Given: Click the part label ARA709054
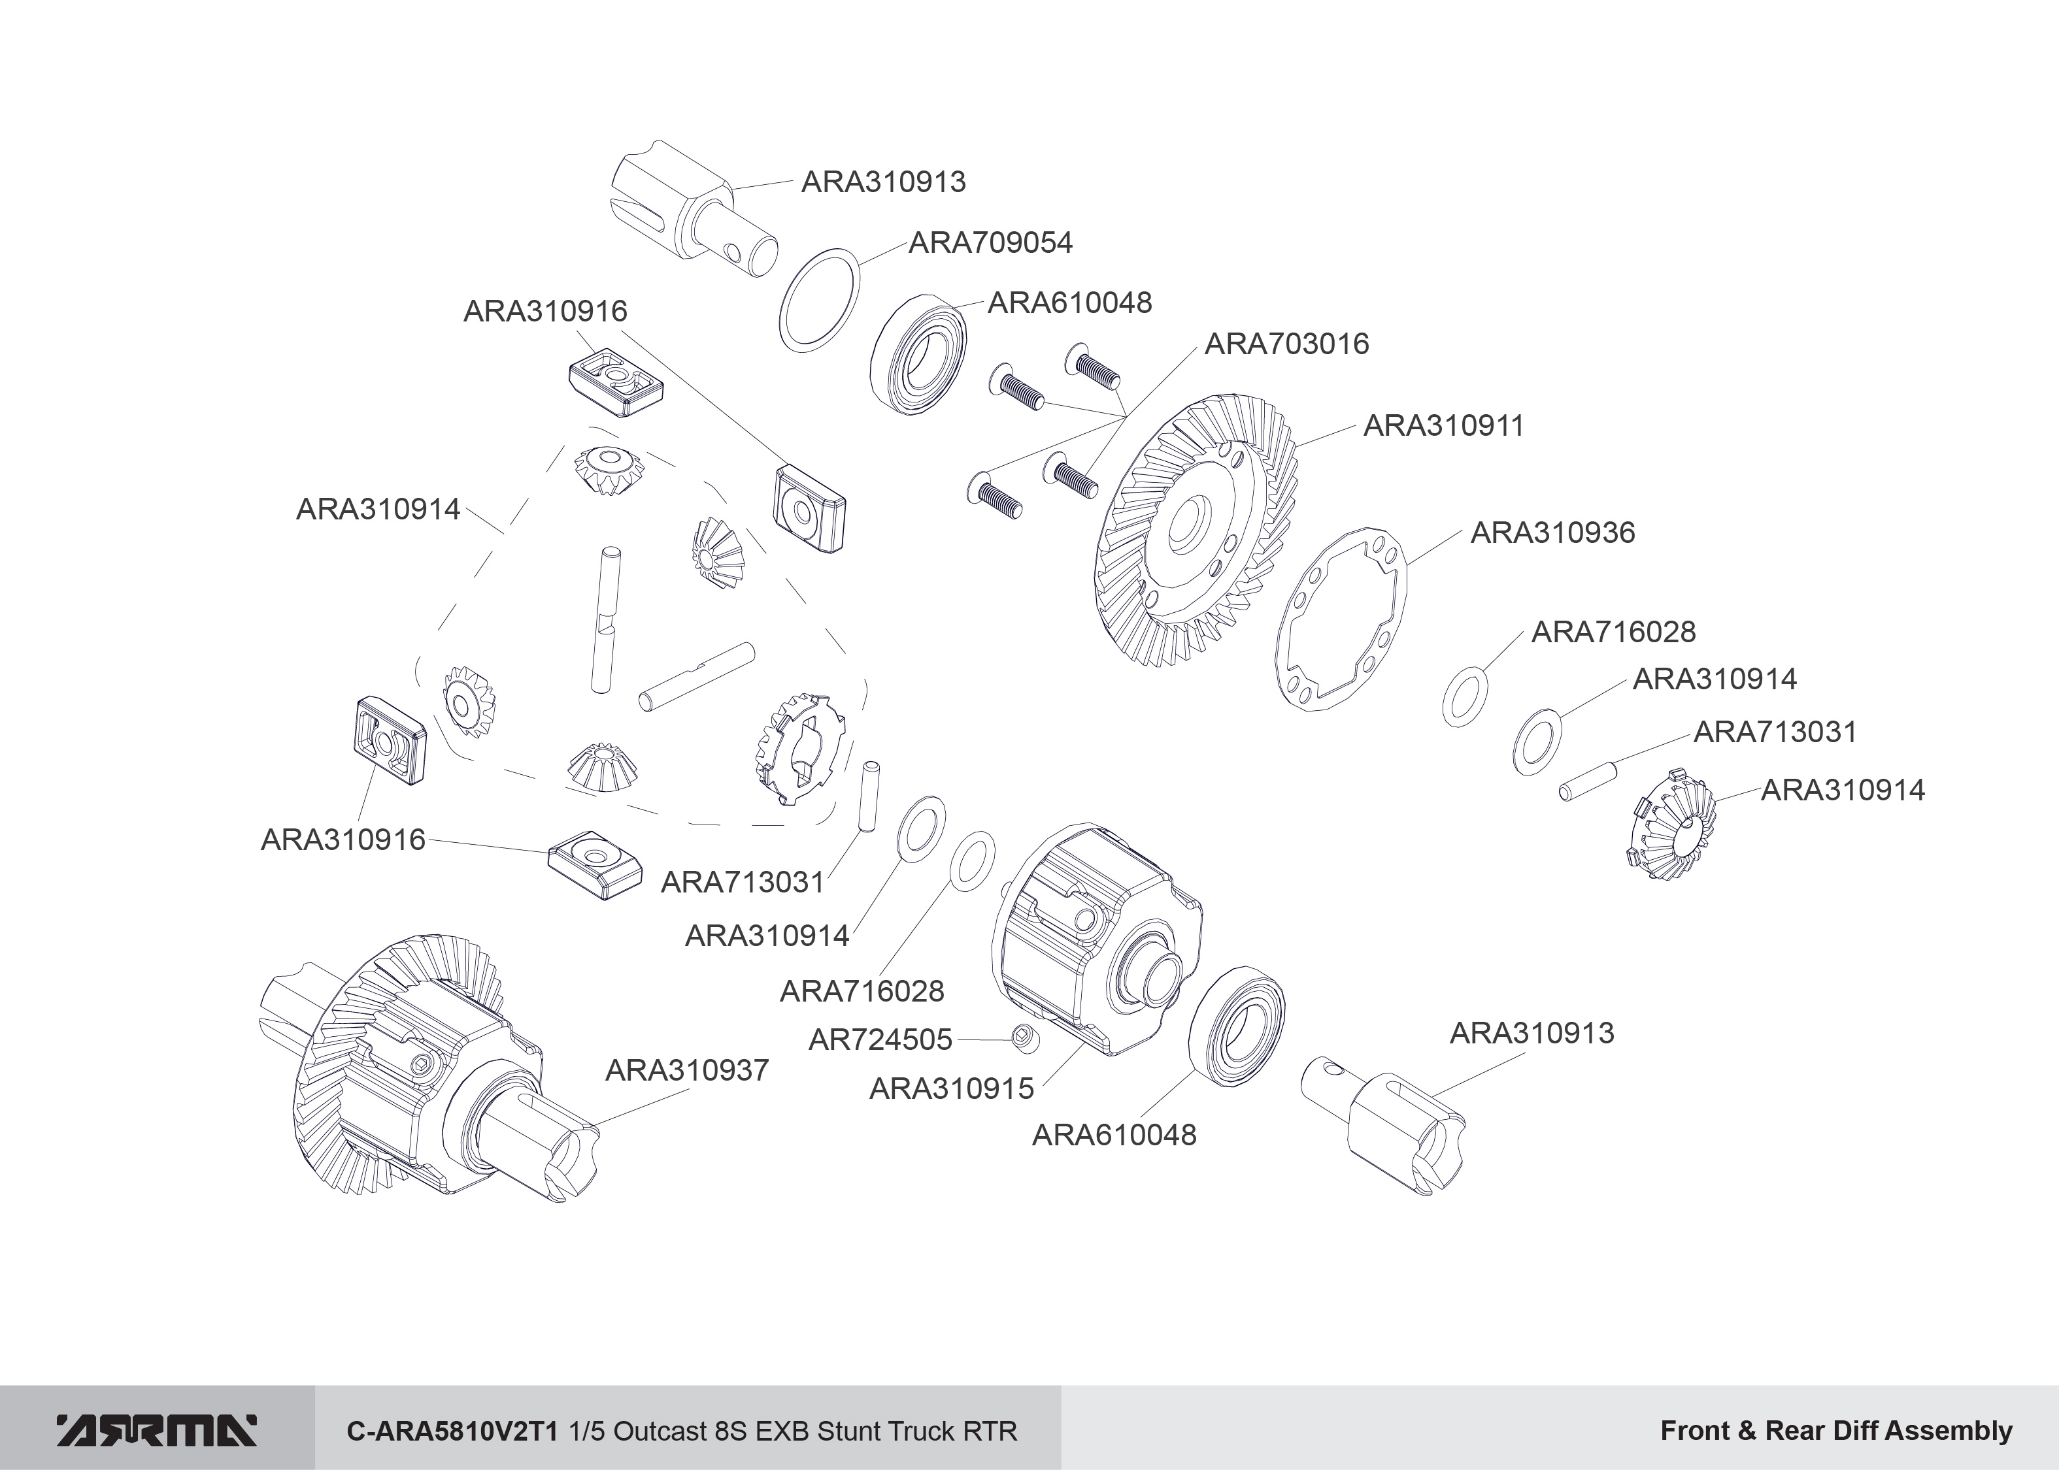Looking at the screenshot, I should pos(990,242).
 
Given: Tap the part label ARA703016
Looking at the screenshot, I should pos(1286,344).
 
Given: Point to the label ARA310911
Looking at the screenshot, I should pos(1443,425).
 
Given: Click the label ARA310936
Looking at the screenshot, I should pos(1552,532).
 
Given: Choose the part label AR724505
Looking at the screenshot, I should pos(879,1040).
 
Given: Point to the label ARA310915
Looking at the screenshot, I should pos(950,1088).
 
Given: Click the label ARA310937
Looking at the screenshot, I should pos(686,1070).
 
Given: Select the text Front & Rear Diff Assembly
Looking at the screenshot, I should pos(1836,1431).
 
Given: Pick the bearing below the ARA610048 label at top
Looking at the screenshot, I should pos(918,354).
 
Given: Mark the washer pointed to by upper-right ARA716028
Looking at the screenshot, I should pos(1464,697).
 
